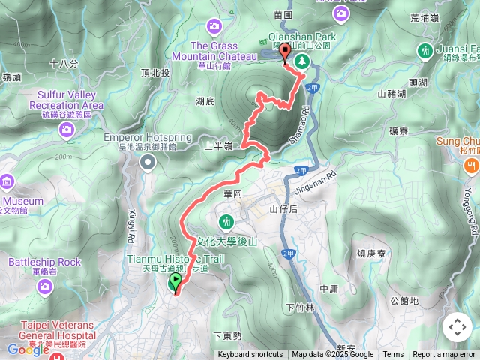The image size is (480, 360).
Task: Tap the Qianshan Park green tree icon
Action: pyautogui.click(x=301, y=61)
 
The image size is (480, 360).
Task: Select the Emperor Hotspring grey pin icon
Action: pyautogui.click(x=148, y=161)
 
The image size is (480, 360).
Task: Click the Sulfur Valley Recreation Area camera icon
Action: pyautogui.click(x=67, y=130)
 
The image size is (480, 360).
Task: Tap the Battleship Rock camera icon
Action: pyautogui.click(x=44, y=286)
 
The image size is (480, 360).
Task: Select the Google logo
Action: pyautogui.click(x=28, y=349)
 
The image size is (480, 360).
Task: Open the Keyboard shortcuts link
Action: pyautogui.click(x=250, y=355)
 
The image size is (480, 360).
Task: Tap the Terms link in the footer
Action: pyautogui.click(x=393, y=355)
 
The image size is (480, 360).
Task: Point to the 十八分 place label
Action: pyautogui.click(x=64, y=64)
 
